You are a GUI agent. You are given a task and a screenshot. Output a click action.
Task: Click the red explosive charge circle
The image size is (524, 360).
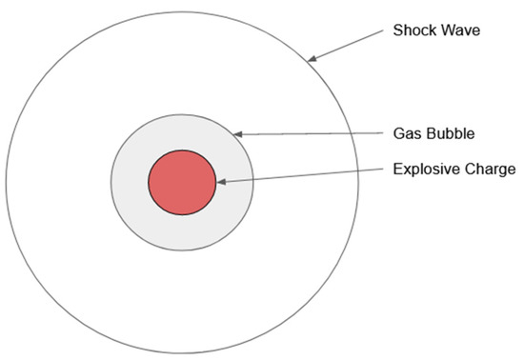[x=182, y=182]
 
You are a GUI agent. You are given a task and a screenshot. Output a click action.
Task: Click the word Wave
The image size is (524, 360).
[x=457, y=30]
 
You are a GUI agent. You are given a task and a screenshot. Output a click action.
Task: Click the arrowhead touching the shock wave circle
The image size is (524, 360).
[x=312, y=57]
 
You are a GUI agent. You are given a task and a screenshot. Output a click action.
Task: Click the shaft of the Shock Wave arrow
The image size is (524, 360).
[x=348, y=44]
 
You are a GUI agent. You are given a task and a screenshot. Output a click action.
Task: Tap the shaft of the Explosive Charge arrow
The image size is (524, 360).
[x=305, y=175]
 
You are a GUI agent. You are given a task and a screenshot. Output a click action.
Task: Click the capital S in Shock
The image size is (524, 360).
[x=398, y=30]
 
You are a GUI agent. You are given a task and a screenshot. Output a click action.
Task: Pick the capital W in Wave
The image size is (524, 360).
[x=444, y=30]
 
